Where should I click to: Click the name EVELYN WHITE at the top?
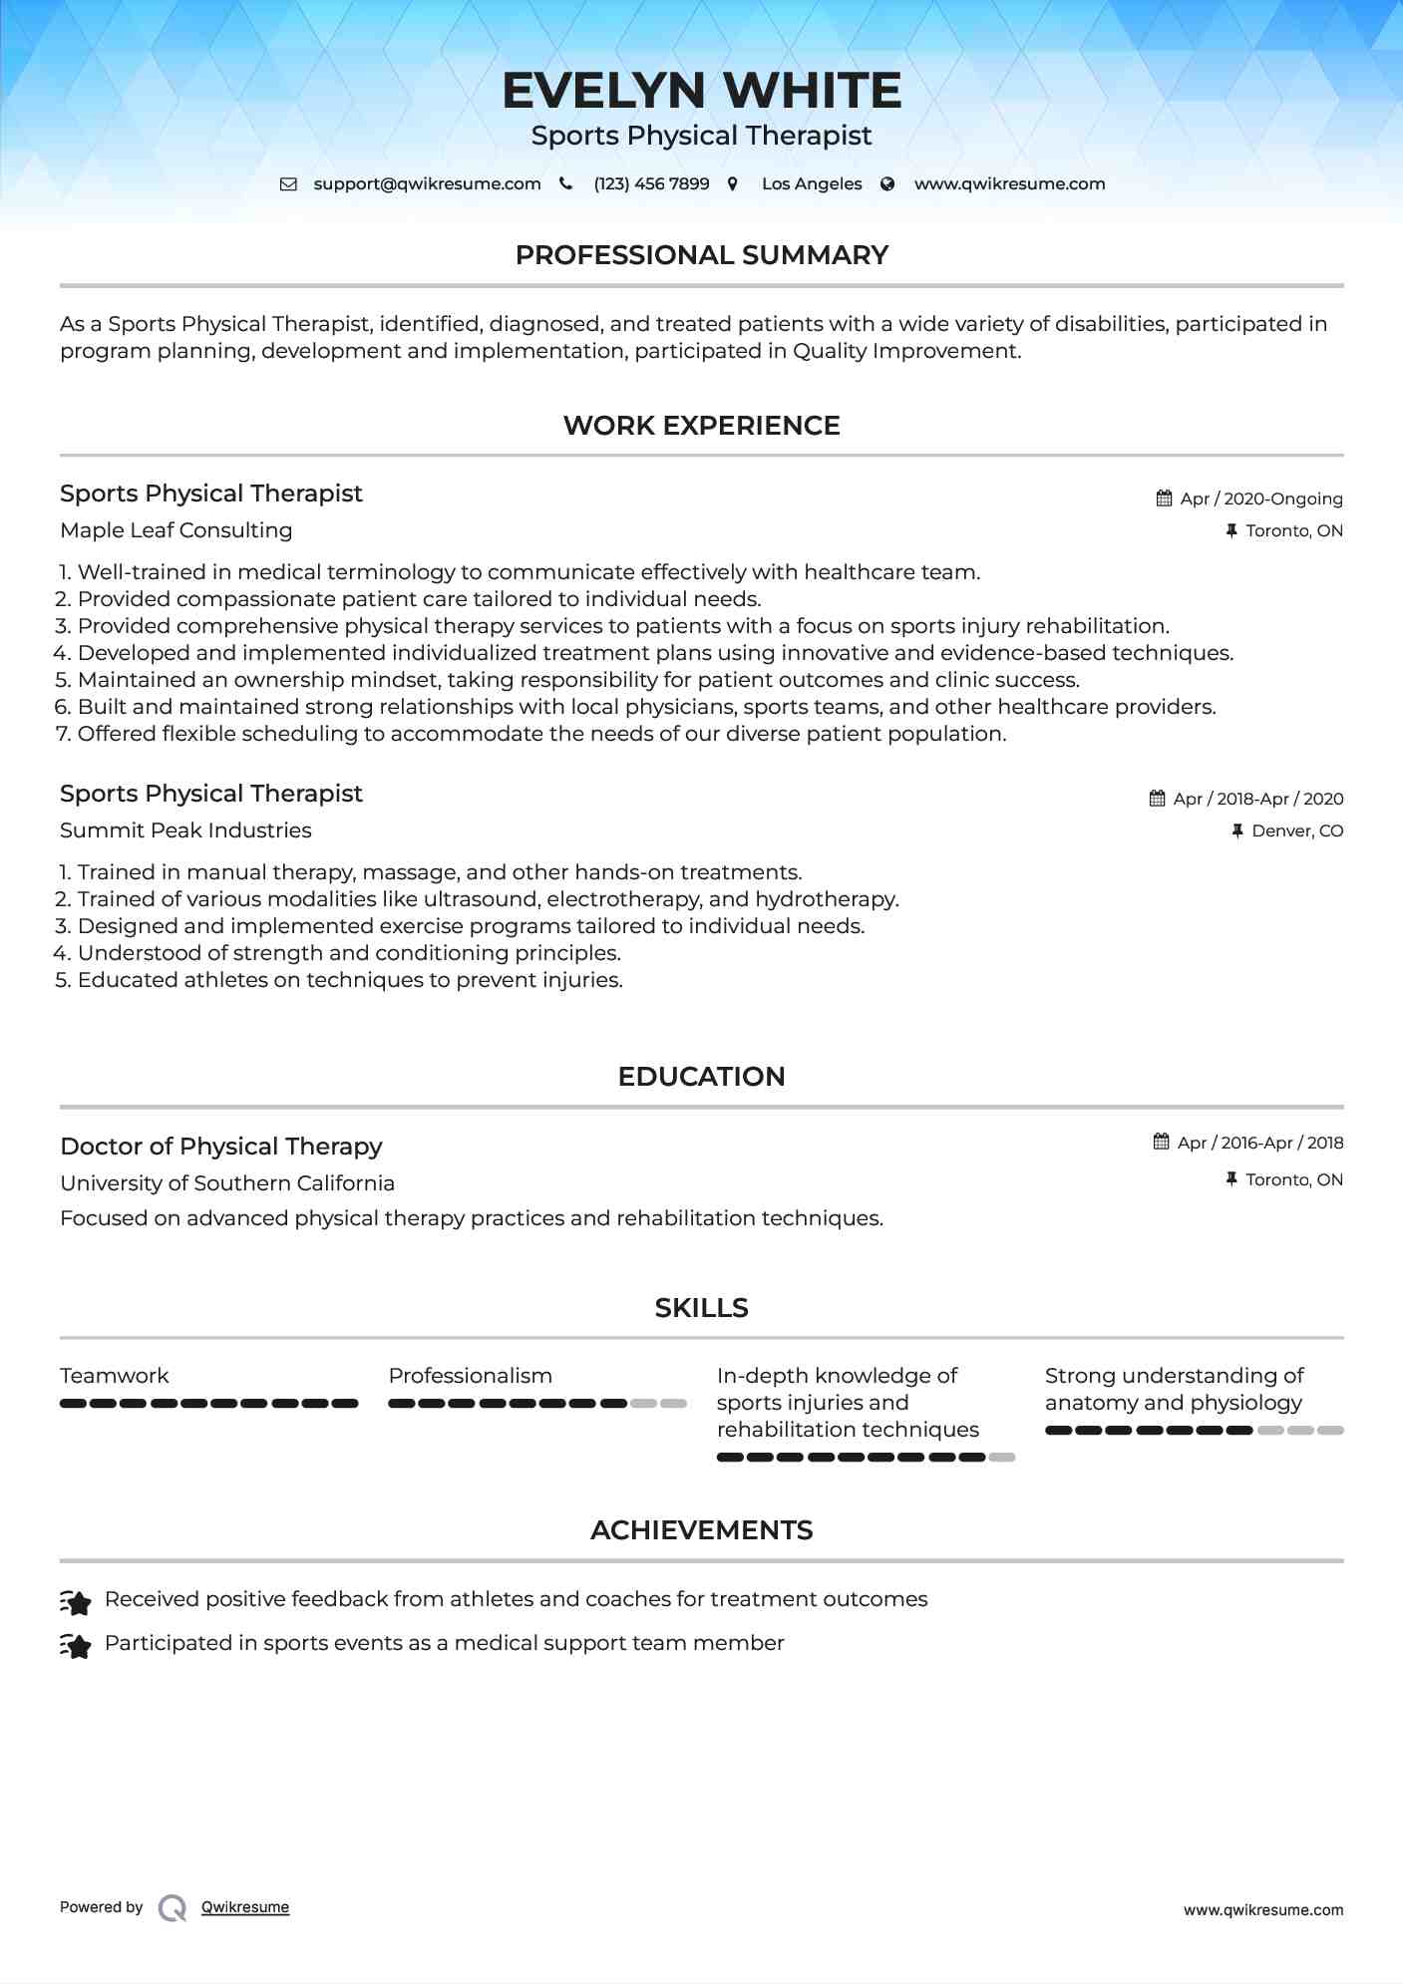(701, 91)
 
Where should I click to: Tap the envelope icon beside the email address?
(288, 184)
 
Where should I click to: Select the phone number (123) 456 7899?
(651, 184)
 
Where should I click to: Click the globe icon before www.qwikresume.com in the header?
(887, 184)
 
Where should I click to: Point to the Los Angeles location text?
(811, 184)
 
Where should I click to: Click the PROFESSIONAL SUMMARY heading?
(701, 255)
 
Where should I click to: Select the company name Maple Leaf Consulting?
(175, 530)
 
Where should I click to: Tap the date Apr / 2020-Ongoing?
(1260, 498)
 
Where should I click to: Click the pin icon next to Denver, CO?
(1237, 831)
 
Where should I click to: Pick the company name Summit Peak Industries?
(185, 830)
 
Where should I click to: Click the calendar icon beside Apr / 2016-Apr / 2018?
(1161, 1143)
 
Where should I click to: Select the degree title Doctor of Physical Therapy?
(220, 1147)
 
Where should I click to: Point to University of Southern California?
(227, 1183)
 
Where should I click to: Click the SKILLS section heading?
(701, 1308)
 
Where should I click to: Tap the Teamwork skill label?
(114, 1376)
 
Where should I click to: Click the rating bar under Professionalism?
(536, 1404)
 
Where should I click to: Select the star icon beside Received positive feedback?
(76, 1601)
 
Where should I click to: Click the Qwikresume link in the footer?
(244, 1907)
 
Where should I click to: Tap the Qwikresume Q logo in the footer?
(173, 1908)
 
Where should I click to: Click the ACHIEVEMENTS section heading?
(701, 1530)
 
